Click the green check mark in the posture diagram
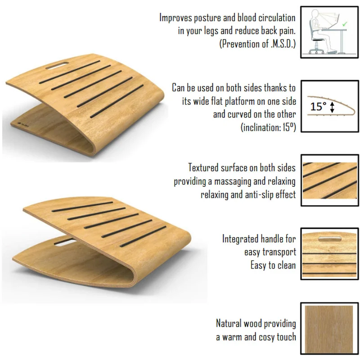pyautogui.click(x=344, y=24)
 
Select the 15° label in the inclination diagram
pyautogui.click(x=318, y=106)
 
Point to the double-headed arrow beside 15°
pyautogui.click(x=332, y=107)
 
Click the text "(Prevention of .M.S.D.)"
pyautogui.click(x=257, y=44)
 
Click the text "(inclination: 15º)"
pyautogui.click(x=268, y=127)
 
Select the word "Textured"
pyautogui.click(x=203, y=167)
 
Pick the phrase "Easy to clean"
pyautogui.click(x=273, y=265)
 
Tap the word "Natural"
pyautogui.click(x=229, y=323)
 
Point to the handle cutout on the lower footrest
pyautogui.click(x=64, y=242)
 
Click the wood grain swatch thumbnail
pyautogui.click(x=329, y=329)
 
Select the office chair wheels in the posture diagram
pyautogui.click(x=316, y=51)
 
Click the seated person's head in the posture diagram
pyautogui.click(x=314, y=14)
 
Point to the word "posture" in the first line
pyautogui.click(x=207, y=18)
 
